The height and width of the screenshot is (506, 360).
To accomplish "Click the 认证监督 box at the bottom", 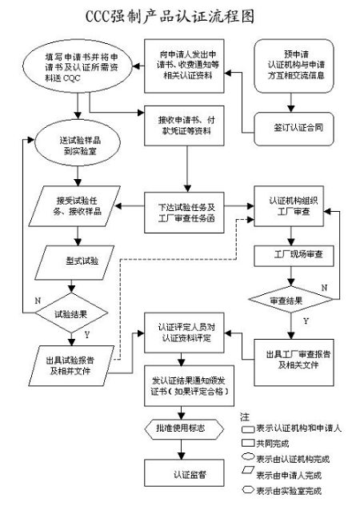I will tap(185, 473).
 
